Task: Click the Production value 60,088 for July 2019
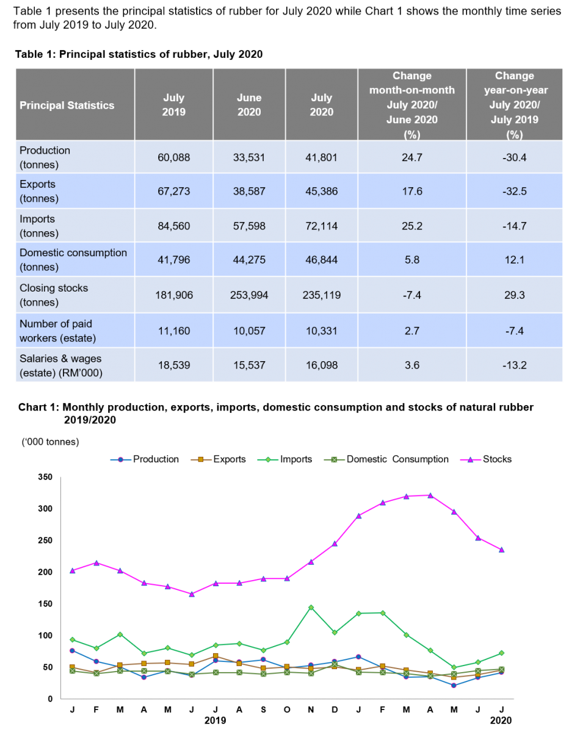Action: pyautogui.click(x=173, y=157)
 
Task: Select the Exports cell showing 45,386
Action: pyautogui.click(x=322, y=192)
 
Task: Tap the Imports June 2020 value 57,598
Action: pyautogui.click(x=249, y=226)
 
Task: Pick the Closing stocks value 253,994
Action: pyautogui.click(x=249, y=295)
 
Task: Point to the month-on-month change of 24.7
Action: pyautogui.click(x=412, y=157)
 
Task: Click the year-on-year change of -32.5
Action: pyautogui.click(x=514, y=192)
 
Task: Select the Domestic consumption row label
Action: pyautogui.click(x=73, y=260)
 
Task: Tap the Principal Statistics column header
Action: pyautogui.click(x=67, y=106)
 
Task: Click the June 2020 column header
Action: pyautogui.click(x=249, y=105)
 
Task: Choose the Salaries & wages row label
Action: pyautogui.click(x=60, y=365)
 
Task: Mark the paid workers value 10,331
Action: pyautogui.click(x=322, y=331)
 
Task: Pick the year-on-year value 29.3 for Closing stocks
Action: pyautogui.click(x=514, y=295)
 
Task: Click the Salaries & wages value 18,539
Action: pyautogui.click(x=173, y=365)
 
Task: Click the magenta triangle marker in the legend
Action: pyautogui.click(x=470, y=460)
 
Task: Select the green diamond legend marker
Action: pyautogui.click(x=268, y=460)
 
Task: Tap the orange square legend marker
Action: pyautogui.click(x=201, y=460)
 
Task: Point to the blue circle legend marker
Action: pyautogui.click(x=120, y=460)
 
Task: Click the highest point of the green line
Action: pyautogui.click(x=311, y=608)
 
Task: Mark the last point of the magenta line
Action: pyautogui.click(x=502, y=550)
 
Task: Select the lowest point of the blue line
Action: pyautogui.click(x=454, y=685)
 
